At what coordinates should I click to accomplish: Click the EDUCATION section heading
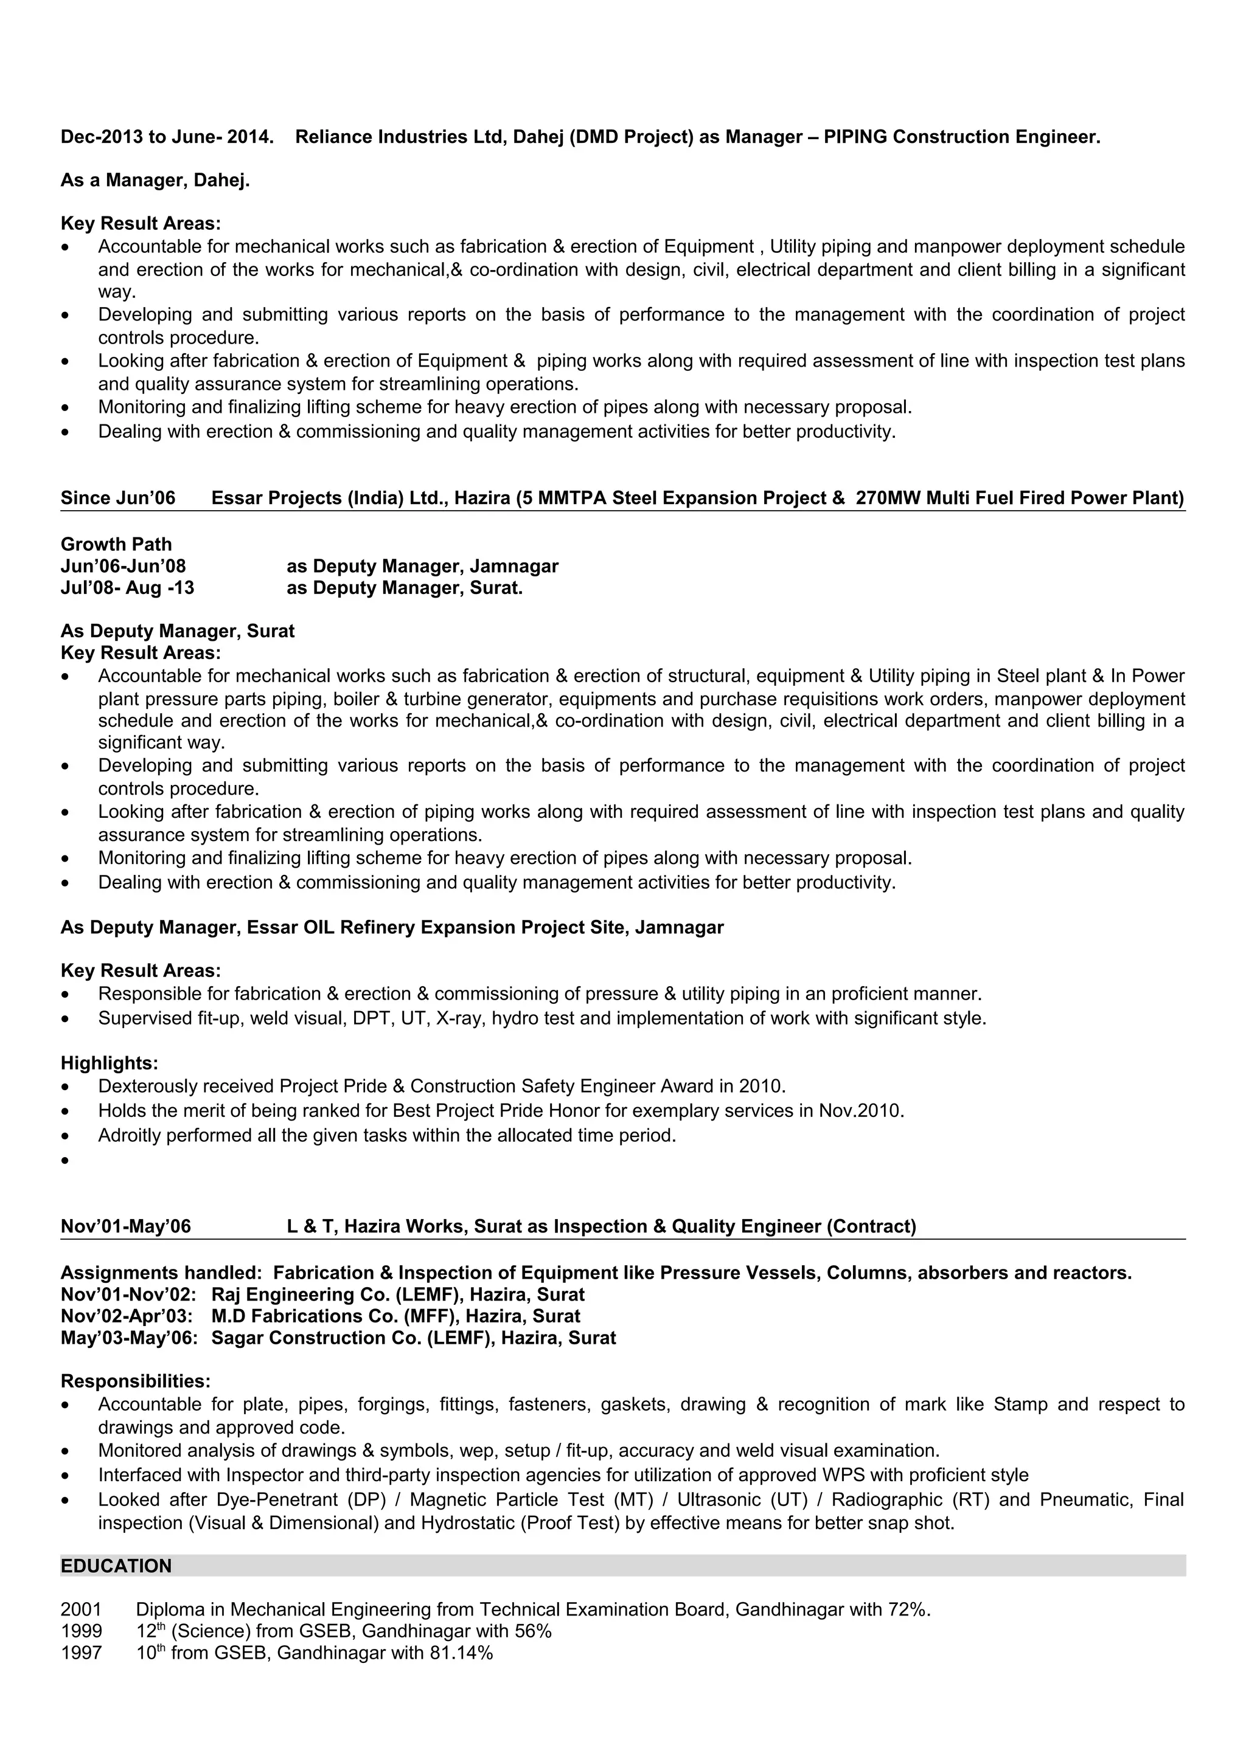[x=116, y=1566]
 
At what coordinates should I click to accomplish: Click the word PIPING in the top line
[x=855, y=137]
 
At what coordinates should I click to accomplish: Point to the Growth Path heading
[x=116, y=544]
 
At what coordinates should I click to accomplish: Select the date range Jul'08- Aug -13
[x=127, y=588]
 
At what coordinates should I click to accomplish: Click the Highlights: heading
[x=109, y=1063]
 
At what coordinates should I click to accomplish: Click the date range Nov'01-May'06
[x=126, y=1226]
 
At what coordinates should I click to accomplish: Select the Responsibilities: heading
[x=135, y=1381]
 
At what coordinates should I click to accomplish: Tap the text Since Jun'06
[x=118, y=498]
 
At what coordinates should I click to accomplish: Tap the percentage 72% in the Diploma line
[x=908, y=1609]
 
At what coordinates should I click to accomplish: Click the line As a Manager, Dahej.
[x=155, y=181]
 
